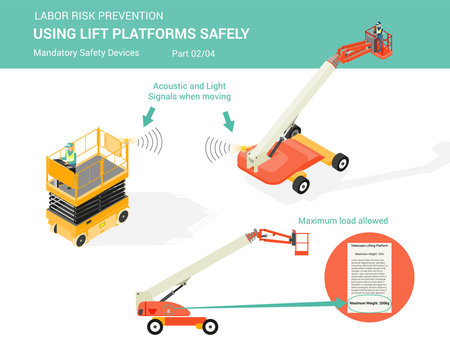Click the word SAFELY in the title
point(217,33)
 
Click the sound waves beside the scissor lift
point(150,142)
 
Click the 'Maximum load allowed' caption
point(344,220)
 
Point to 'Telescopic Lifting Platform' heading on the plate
point(373,244)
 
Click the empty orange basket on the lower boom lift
point(298,241)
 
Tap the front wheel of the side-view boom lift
point(155,326)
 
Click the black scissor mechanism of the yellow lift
point(85,205)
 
